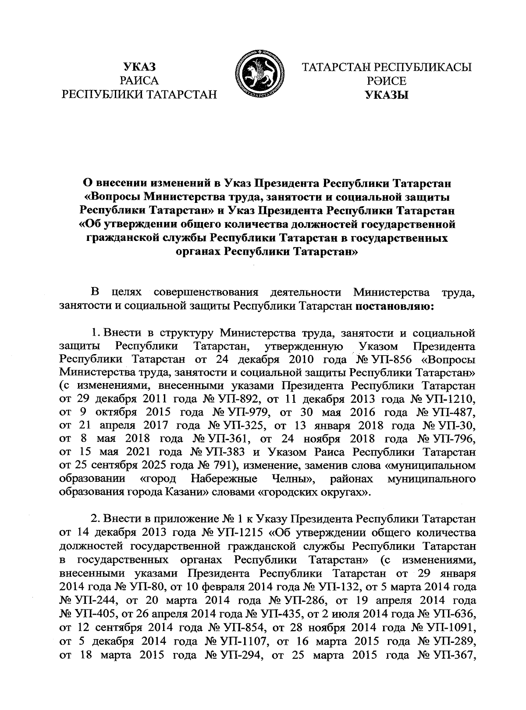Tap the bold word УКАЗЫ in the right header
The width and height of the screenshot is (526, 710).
coord(387,94)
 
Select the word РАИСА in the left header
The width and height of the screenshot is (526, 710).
coord(140,81)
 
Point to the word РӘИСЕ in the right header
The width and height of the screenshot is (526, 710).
coord(387,81)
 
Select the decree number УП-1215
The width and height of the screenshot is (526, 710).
coord(242,534)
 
